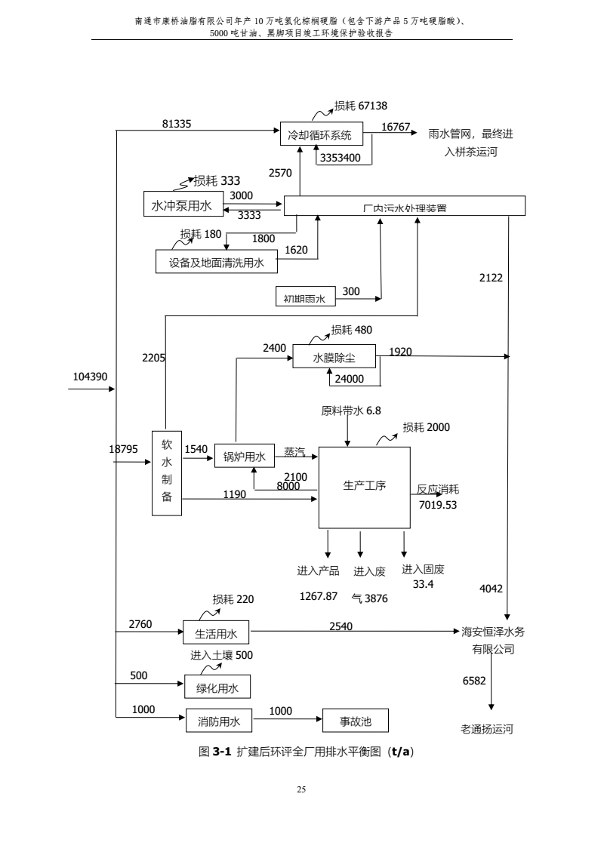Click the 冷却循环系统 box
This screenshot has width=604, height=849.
[x=321, y=136]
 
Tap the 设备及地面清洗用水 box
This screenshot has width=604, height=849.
[x=216, y=263]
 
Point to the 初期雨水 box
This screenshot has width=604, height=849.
[x=304, y=299]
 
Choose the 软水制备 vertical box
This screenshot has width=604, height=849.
[x=167, y=473]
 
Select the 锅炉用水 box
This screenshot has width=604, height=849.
[x=244, y=457]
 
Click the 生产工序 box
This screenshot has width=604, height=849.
[x=364, y=487]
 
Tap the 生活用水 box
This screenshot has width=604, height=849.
[x=217, y=633]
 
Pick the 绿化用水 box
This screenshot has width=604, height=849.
[x=217, y=688]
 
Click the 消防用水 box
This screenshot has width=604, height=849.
[x=219, y=721]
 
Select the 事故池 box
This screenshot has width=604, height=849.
[x=355, y=721]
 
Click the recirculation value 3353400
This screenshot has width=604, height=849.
[x=340, y=158]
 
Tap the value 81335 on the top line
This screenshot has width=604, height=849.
[x=177, y=124]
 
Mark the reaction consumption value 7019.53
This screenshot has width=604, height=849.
[x=438, y=504]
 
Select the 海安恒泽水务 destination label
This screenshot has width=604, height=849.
[x=493, y=632]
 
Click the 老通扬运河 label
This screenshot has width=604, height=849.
[x=487, y=730]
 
